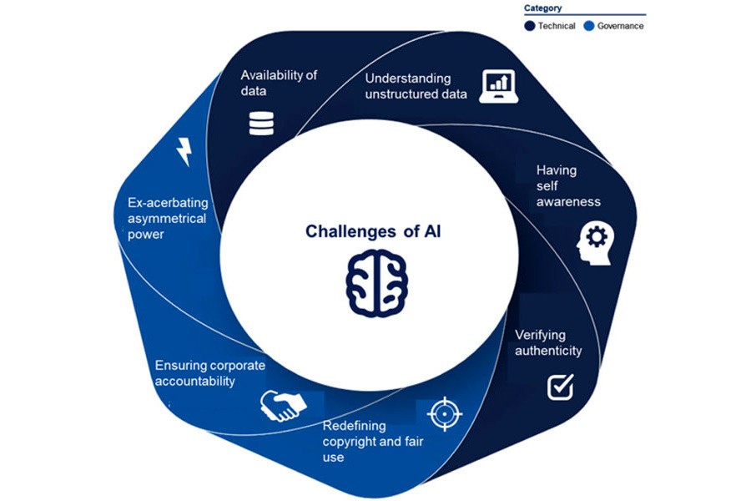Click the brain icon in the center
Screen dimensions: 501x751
(375, 283)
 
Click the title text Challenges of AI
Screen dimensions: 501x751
(373, 231)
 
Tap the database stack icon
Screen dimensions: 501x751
(260, 123)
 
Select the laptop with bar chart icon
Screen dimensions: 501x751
(498, 86)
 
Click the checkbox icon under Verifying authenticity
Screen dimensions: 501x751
(560, 386)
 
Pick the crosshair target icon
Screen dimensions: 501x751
(443, 412)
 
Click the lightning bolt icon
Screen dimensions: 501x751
(184, 152)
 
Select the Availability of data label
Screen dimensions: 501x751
(279, 82)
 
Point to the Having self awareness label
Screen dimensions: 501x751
(567, 185)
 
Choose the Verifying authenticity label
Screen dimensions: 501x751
(548, 342)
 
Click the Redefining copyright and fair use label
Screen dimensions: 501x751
(362, 440)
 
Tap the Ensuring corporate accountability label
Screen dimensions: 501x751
(210, 372)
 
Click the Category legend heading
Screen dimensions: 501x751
(542, 8)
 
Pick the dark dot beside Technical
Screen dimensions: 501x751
(530, 26)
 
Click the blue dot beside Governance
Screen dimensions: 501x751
(589, 26)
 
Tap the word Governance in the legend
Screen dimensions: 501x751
(620, 26)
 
